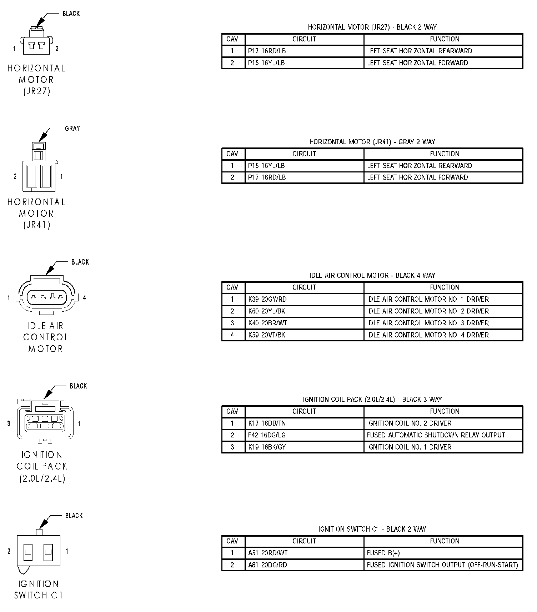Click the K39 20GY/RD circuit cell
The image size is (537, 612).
tap(267, 299)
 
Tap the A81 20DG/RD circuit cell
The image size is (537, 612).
tap(267, 565)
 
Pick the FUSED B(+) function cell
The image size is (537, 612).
tap(383, 553)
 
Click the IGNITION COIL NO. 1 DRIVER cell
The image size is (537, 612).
tap(409, 447)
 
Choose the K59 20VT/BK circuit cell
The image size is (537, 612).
tap(267, 335)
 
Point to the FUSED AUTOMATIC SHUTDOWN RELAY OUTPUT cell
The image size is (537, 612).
tap(436, 435)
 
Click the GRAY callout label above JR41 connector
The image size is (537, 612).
tap(72, 129)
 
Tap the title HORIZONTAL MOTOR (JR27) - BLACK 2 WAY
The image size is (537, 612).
tap(372, 27)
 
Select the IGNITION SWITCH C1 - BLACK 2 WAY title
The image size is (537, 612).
tap(372, 529)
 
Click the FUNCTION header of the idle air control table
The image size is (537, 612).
tap(444, 287)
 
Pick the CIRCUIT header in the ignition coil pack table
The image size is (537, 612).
tap(304, 411)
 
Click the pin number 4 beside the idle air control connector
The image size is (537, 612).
tap(84, 297)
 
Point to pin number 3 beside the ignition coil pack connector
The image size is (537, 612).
tap(9, 424)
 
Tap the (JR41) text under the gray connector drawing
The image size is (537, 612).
tap(37, 225)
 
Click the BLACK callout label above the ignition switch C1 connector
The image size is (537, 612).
tap(74, 516)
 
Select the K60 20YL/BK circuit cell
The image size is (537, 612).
tap(267, 311)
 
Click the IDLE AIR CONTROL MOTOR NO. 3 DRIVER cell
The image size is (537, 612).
tap(427, 323)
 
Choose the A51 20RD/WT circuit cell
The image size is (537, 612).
tap(267, 553)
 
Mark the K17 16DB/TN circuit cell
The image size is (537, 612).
tap(267, 423)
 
